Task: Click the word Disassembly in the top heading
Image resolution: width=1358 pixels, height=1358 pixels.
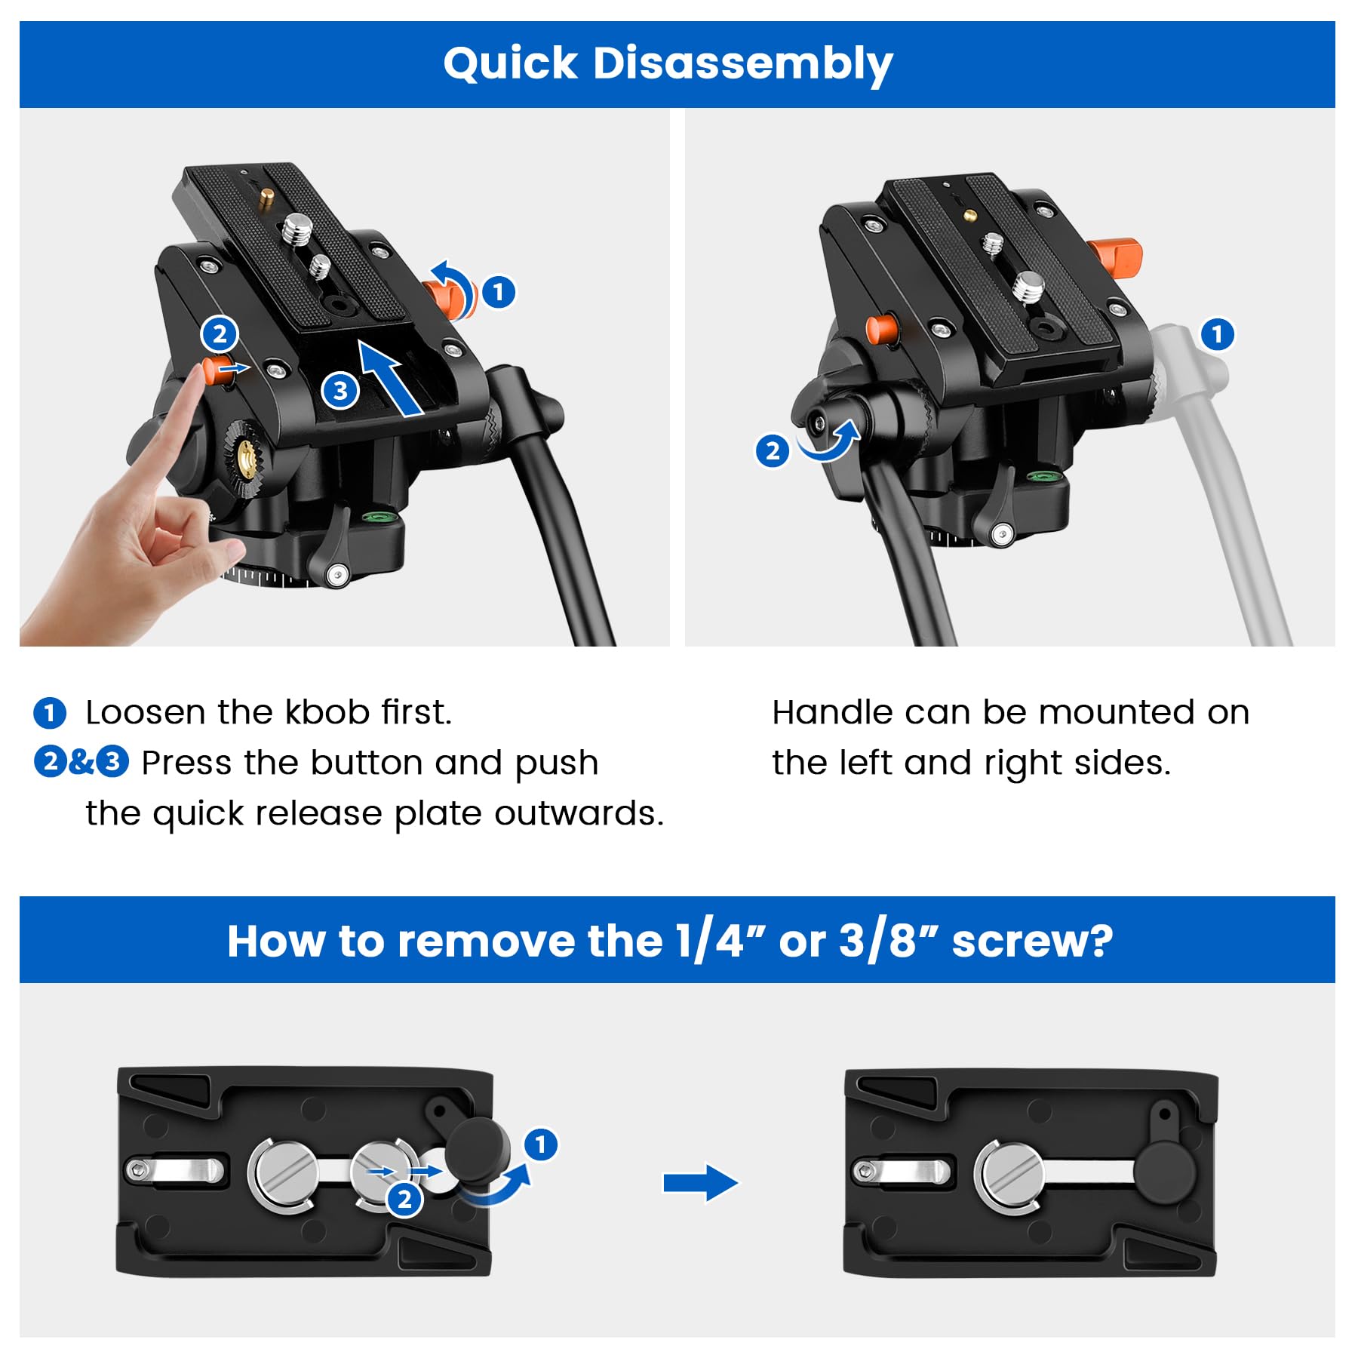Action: click(743, 65)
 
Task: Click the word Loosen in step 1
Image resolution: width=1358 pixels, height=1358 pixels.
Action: click(145, 712)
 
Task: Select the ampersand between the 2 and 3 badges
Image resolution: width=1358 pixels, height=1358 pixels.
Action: click(81, 762)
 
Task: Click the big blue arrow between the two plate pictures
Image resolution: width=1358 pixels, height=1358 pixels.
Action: click(700, 1182)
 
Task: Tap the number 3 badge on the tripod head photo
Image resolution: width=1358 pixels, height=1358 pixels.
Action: click(340, 391)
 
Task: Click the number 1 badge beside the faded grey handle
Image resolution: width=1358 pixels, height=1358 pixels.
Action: click(1217, 334)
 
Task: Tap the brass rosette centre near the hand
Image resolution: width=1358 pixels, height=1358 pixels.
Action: click(247, 456)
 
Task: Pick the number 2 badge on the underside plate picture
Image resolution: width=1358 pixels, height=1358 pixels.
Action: click(404, 1198)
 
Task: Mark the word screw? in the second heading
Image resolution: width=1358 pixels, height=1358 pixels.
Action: click(1032, 942)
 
